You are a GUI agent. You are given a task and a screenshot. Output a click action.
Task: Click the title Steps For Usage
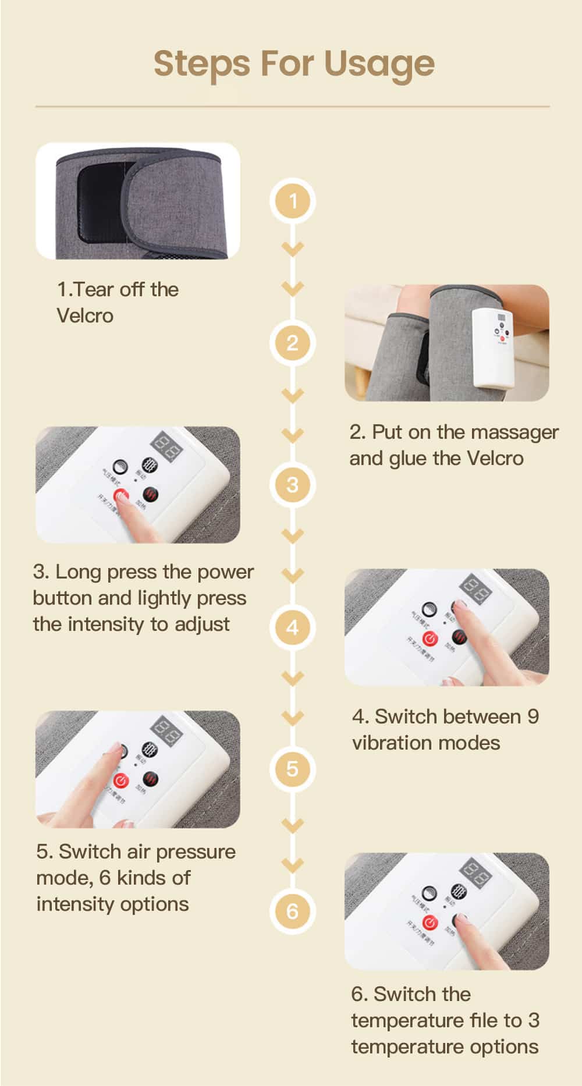pyautogui.click(x=294, y=63)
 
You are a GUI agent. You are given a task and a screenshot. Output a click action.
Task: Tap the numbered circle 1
pyautogui.click(x=292, y=201)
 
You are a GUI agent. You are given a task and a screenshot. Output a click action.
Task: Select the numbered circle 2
pyautogui.click(x=292, y=343)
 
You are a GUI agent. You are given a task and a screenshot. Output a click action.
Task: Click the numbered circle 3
pyautogui.click(x=292, y=485)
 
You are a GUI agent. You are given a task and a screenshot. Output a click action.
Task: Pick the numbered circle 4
pyautogui.click(x=292, y=627)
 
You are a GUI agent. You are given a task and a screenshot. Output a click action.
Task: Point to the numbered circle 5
pyautogui.click(x=292, y=769)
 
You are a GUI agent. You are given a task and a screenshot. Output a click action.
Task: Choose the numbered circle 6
pyautogui.click(x=292, y=911)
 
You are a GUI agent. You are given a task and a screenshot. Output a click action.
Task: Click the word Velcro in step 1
pyautogui.click(x=85, y=316)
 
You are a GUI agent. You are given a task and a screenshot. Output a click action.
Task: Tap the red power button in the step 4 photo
pyautogui.click(x=429, y=639)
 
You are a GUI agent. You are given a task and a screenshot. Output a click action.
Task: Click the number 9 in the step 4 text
pyautogui.click(x=533, y=716)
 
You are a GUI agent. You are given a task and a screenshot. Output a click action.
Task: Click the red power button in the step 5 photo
pyautogui.click(x=120, y=781)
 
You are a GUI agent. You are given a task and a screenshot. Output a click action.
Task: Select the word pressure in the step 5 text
pyautogui.click(x=196, y=852)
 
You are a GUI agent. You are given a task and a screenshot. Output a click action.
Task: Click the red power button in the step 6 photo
pyautogui.click(x=430, y=923)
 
